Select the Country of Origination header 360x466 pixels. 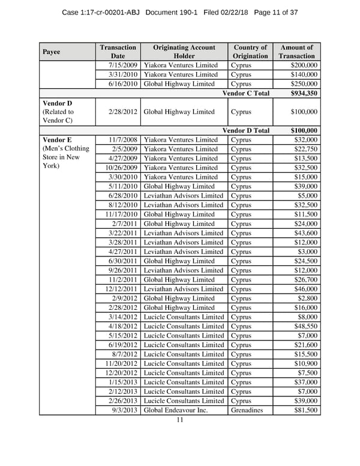click(x=250, y=52)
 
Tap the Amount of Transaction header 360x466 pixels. click(x=296, y=52)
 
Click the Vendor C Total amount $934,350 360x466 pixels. click(x=304, y=93)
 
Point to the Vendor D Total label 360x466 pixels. click(x=246, y=130)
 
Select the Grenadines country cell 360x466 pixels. click(x=246, y=411)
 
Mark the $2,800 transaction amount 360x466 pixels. click(x=307, y=298)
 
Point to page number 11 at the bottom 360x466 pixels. click(x=179, y=420)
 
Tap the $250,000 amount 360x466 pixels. click(x=304, y=84)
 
